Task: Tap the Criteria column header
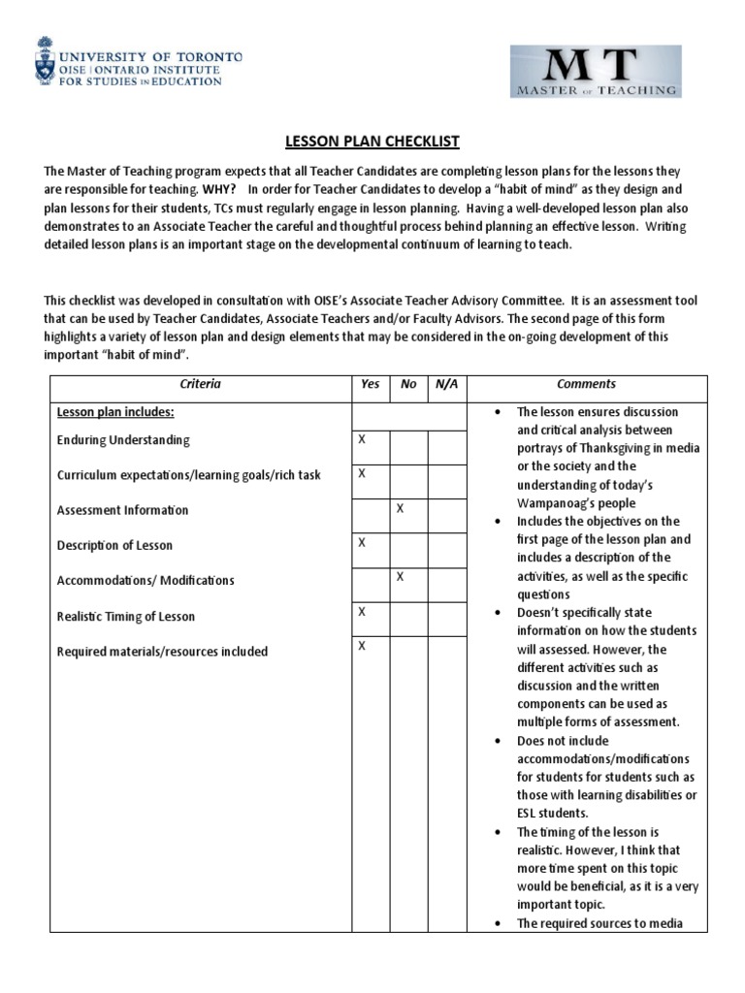[200, 384]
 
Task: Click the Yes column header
[370, 384]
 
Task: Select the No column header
[408, 384]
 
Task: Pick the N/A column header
[446, 384]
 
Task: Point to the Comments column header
[586, 384]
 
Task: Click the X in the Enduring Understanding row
[363, 438]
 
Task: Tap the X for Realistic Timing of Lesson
[363, 611]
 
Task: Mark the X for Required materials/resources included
[363, 645]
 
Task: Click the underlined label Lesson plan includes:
[114, 412]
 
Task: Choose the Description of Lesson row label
[114, 545]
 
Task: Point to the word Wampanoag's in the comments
[558, 503]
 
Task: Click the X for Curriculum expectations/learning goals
[363, 472]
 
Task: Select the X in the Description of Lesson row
[363, 542]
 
